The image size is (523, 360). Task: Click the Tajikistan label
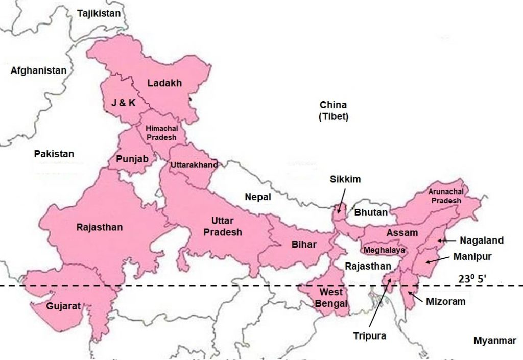point(99,13)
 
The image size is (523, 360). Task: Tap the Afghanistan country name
point(38,70)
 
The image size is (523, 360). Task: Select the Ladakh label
point(164,83)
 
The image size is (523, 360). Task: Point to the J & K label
point(124,103)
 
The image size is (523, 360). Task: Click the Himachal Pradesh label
point(161,133)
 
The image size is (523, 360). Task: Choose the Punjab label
point(132,159)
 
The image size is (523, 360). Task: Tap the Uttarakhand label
point(194,165)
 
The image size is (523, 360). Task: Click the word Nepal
point(257,197)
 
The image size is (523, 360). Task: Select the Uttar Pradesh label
point(223,226)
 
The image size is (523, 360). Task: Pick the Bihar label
point(304,244)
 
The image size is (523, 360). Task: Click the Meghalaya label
point(384,250)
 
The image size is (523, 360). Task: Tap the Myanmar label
point(494,341)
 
